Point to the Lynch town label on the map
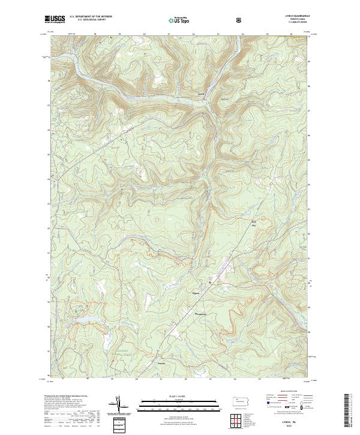(x=201, y=94)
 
